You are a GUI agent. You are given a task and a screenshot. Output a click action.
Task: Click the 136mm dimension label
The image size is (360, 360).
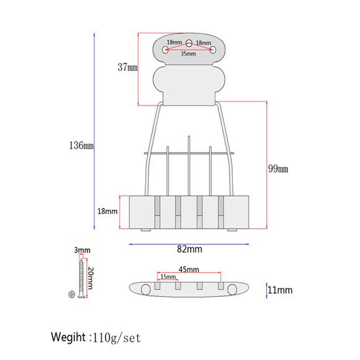coord(81,146)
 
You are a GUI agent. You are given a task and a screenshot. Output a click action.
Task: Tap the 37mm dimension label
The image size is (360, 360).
coord(128,67)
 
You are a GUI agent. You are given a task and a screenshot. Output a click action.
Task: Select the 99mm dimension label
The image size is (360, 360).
coord(278,169)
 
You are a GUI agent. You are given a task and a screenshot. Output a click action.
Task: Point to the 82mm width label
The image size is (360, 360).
coord(189,249)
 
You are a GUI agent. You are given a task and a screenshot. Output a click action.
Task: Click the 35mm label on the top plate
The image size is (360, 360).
coord(188,54)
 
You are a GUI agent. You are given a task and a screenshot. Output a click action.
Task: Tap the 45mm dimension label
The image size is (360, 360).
coord(189,269)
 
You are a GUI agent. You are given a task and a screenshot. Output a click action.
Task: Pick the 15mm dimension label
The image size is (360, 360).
coord(168,277)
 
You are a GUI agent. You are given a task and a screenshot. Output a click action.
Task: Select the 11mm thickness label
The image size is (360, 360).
coord(280,290)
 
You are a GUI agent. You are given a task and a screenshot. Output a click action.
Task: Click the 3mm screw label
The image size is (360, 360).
coord(82,250)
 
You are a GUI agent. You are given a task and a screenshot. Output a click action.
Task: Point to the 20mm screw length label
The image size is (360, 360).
coord(91,278)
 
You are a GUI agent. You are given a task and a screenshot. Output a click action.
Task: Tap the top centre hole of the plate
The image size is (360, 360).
coord(189,43)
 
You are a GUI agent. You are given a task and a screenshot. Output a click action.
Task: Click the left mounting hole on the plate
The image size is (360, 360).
coord(165,50)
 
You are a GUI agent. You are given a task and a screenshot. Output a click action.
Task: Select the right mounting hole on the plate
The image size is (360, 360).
coord(213,50)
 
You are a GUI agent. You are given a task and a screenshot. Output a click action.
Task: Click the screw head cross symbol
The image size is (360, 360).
coord(72,294)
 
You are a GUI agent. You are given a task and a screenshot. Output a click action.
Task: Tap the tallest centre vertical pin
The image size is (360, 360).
coord(189,166)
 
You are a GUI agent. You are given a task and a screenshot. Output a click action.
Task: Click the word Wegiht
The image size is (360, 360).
coord(68,338)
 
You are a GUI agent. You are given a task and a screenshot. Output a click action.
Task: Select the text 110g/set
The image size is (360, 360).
coord(117,338)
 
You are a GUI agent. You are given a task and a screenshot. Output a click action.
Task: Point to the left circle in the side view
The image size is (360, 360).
coord(146,290)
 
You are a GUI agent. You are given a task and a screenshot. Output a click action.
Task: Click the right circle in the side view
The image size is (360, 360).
coord(232,290)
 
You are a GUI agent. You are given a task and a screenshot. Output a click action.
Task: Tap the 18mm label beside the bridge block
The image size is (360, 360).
coord(107,211)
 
